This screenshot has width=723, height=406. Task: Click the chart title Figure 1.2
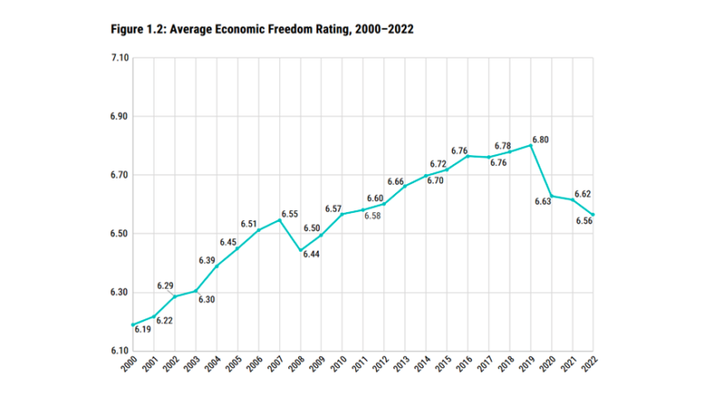click(x=262, y=30)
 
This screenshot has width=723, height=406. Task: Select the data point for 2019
click(x=531, y=145)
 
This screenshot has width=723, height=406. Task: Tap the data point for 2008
click(x=301, y=251)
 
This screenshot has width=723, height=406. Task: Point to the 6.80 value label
click(x=540, y=140)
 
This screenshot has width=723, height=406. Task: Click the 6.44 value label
click(x=311, y=254)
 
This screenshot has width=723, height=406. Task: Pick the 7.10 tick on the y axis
click(x=119, y=58)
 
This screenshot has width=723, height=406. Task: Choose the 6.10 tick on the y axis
click(x=119, y=351)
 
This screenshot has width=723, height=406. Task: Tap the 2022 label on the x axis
click(x=589, y=364)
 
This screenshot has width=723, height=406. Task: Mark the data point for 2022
click(x=593, y=215)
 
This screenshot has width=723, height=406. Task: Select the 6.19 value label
click(x=143, y=329)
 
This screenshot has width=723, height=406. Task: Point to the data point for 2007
click(x=279, y=220)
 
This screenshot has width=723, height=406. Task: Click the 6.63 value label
click(x=543, y=201)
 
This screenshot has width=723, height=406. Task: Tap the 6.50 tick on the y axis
click(x=119, y=234)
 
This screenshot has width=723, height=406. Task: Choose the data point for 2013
click(x=405, y=187)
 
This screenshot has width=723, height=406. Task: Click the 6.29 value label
click(x=165, y=286)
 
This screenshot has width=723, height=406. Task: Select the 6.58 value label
click(x=372, y=216)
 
